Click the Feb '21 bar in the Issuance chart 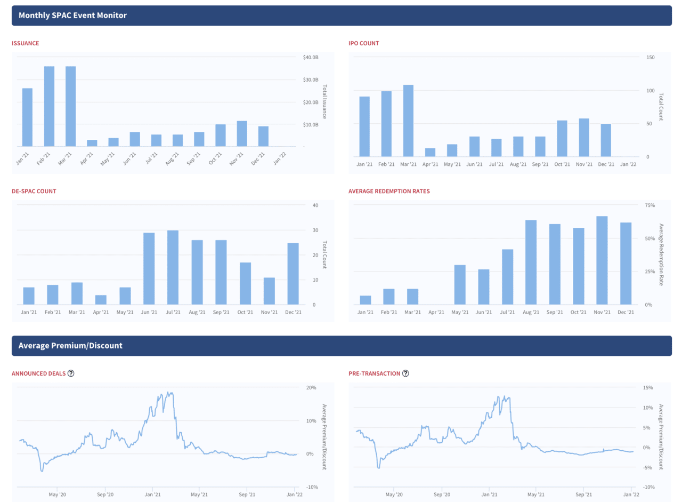point(49,106)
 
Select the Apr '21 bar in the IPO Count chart point(430,153)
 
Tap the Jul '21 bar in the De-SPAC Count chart point(173,267)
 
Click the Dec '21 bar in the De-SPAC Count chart point(293,274)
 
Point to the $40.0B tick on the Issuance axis point(311,58)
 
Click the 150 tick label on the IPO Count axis point(651,57)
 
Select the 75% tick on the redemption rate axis point(649,205)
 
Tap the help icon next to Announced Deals point(71,373)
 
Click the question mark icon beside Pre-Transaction point(405,373)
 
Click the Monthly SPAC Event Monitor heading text point(72,15)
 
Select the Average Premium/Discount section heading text point(70,346)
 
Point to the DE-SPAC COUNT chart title point(34,191)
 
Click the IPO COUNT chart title point(363,43)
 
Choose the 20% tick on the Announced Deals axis point(311,388)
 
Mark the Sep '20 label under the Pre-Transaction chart point(442,495)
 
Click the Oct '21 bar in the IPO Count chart point(562,139)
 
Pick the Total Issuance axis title point(324,101)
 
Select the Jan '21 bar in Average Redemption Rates point(365,300)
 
